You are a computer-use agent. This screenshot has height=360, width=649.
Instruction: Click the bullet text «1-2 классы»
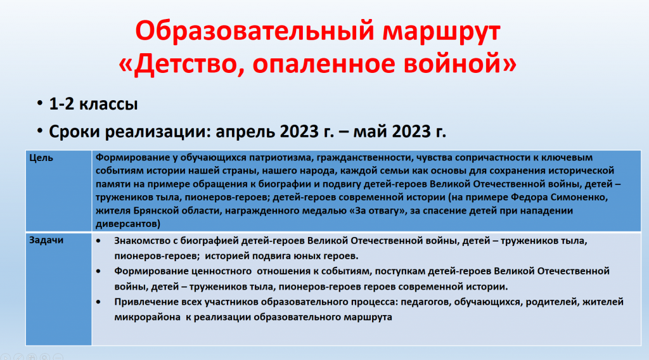point(93,103)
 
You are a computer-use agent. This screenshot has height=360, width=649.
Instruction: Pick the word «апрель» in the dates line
point(245,132)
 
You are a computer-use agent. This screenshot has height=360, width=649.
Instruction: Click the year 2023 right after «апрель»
point(300,131)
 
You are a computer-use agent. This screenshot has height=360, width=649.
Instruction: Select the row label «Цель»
point(41,158)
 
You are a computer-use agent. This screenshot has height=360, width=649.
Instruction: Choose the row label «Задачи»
point(46,240)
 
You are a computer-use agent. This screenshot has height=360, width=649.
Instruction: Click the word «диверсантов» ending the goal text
point(126,224)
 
